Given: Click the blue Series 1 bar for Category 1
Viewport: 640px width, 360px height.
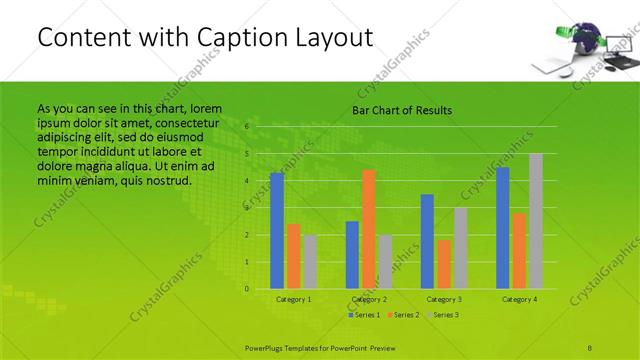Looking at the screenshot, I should pos(277,231).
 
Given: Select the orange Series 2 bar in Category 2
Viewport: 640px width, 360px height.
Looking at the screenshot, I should pos(369,229).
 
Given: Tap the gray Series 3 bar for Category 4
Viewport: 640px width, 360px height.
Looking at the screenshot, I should pos(536,221).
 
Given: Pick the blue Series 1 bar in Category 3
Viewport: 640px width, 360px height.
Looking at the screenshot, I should pos(427,241).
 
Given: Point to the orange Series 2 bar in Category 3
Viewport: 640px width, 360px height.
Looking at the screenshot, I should pos(444,264).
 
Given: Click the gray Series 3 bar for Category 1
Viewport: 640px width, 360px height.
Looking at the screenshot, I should pos(310,262).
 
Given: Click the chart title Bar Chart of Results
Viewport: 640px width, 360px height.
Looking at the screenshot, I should pos(402,110).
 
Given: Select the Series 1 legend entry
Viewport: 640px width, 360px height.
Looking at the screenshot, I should pos(364,315).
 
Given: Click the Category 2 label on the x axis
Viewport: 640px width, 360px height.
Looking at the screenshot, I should pos(370,299).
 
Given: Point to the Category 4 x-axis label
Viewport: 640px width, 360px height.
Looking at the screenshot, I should pos(520,299).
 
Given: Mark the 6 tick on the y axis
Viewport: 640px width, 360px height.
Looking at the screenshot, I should pos(246,128).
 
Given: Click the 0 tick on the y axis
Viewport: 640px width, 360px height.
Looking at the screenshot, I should pos(246,289).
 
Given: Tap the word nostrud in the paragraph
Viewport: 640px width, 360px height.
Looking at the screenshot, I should pos(167,180).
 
